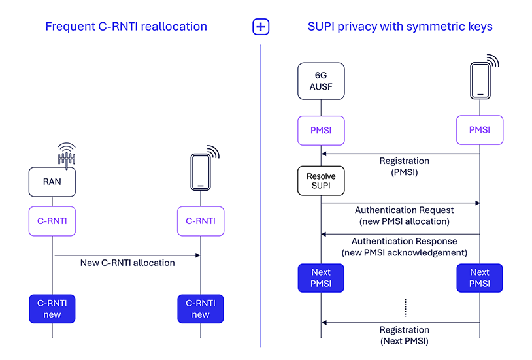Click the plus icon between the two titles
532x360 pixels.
click(261, 27)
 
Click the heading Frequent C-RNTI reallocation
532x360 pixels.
click(126, 27)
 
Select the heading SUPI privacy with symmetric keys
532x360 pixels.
click(400, 27)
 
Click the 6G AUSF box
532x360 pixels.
click(321, 81)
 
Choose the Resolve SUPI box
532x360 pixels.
click(321, 180)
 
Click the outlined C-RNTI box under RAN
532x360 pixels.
click(52, 221)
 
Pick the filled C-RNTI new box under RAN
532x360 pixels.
click(52, 308)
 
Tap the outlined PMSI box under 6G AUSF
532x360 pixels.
click(321, 130)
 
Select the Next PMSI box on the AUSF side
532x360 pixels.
click(321, 277)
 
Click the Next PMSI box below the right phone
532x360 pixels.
click(480, 277)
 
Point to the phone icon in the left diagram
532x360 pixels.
click(200, 171)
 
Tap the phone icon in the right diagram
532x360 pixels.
click(480, 80)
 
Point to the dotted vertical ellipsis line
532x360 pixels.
click(406, 307)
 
